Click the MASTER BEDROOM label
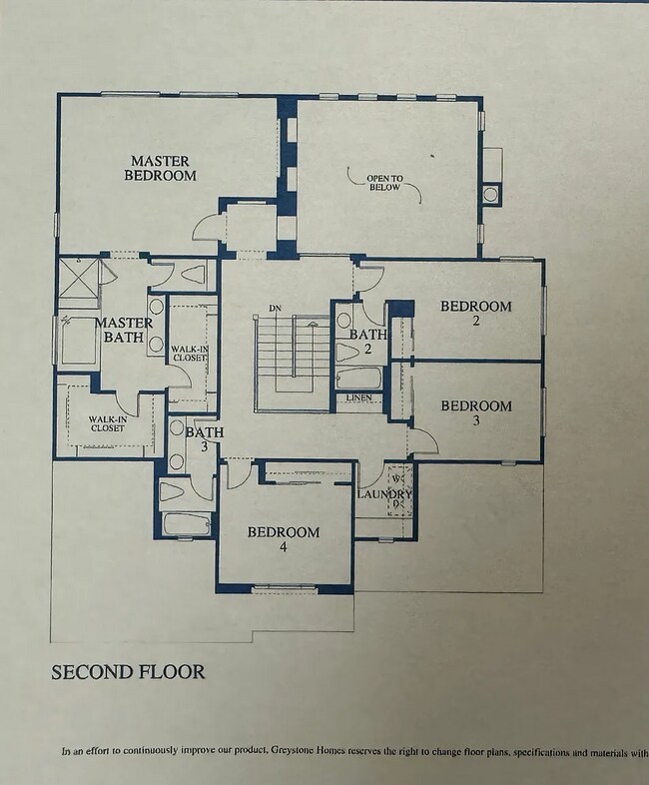[x=160, y=167]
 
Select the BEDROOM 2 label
[x=476, y=314]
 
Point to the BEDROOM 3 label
[x=476, y=413]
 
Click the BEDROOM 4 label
[x=284, y=539]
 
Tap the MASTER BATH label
[x=124, y=331]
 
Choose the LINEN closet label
[x=359, y=398]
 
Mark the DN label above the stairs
[x=273, y=308]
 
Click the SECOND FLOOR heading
[x=128, y=672]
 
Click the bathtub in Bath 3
[x=186, y=523]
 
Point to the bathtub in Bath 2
[x=358, y=380]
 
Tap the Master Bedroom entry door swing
[x=205, y=227]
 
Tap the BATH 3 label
[x=204, y=438]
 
